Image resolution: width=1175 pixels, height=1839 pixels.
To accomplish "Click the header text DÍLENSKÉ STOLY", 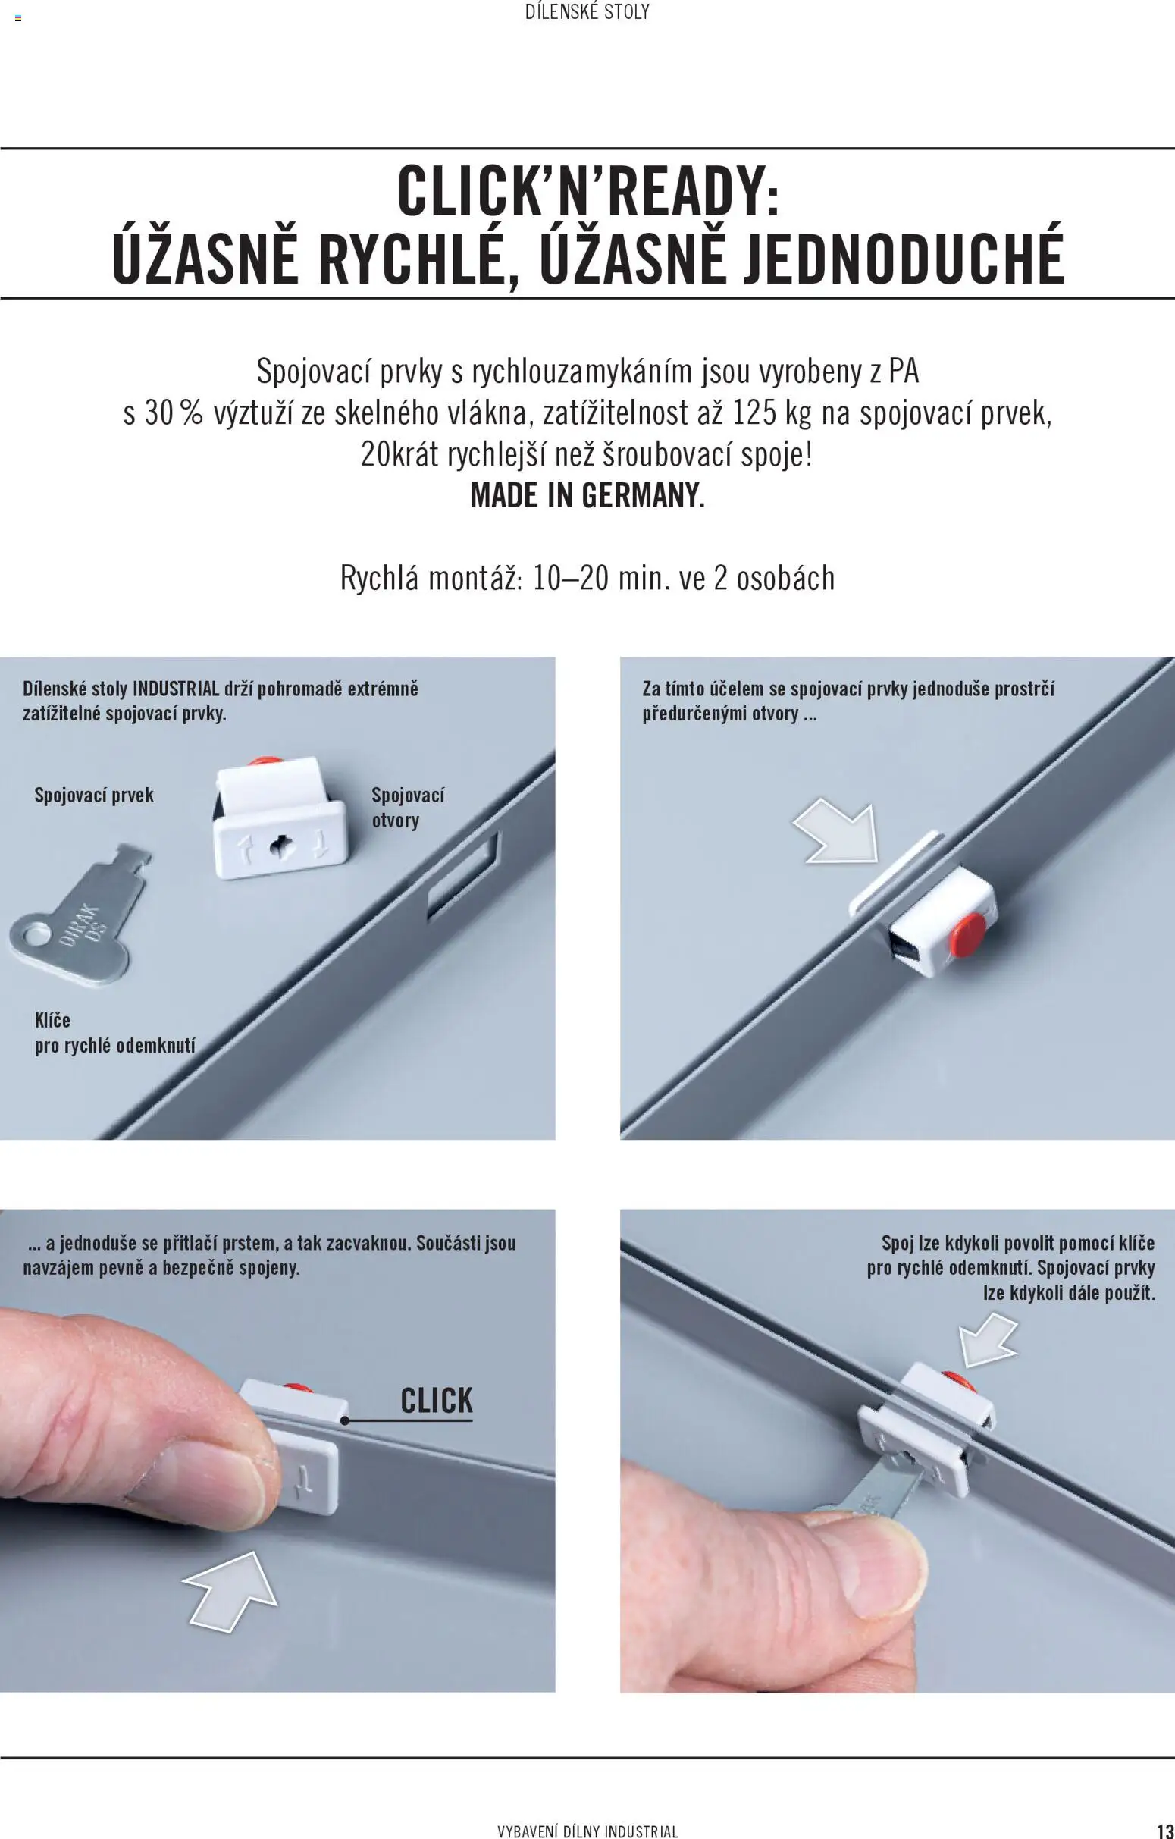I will (587, 12).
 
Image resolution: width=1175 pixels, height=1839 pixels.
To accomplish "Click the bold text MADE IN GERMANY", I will (587, 496).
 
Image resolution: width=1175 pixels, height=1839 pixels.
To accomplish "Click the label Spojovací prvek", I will (94, 795).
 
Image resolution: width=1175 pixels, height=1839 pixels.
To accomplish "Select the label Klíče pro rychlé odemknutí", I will (114, 1033).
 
